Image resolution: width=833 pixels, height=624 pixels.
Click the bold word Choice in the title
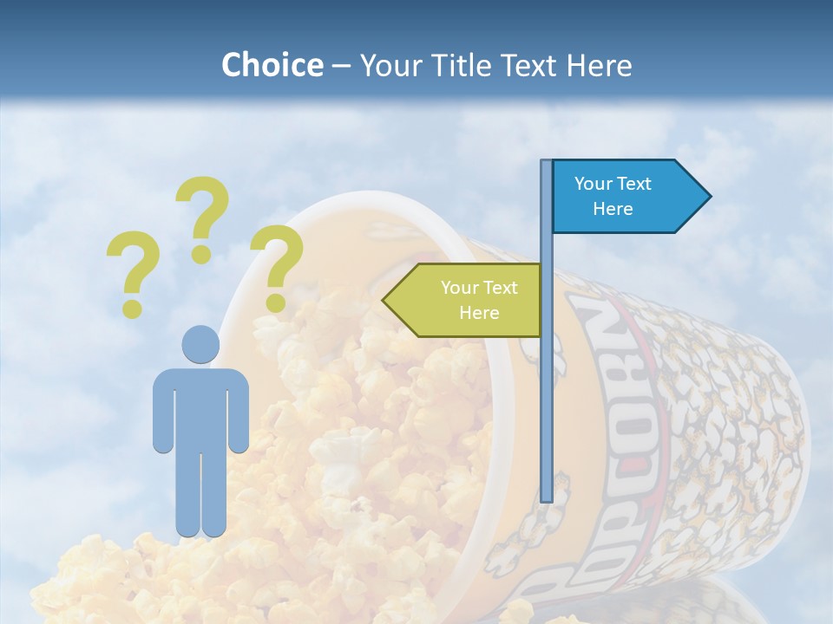click(272, 66)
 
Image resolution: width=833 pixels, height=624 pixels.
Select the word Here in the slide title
click(599, 66)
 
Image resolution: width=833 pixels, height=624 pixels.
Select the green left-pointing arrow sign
click(464, 300)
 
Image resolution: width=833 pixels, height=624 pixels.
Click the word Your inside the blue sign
click(594, 184)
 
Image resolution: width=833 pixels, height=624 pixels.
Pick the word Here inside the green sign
click(479, 313)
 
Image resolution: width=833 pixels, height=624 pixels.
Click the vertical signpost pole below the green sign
click(547, 416)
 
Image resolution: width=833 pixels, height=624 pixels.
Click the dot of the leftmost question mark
click(132, 308)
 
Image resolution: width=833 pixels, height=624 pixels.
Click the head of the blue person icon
click(200, 344)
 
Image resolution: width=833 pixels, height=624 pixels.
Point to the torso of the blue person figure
click(200, 407)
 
